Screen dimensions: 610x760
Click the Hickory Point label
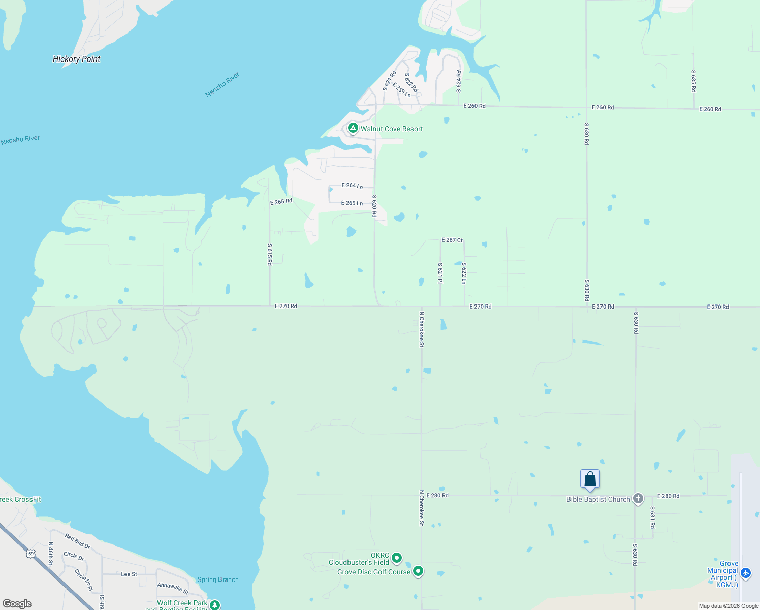pyautogui.click(x=77, y=59)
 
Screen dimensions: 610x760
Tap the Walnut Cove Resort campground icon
pyautogui.click(x=353, y=128)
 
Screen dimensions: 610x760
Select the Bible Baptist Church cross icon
pyautogui.click(x=638, y=499)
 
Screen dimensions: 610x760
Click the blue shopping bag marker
pyautogui.click(x=590, y=479)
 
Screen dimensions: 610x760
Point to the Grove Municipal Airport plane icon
pyautogui.click(x=745, y=573)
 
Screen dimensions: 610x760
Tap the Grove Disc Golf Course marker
pyautogui.click(x=418, y=571)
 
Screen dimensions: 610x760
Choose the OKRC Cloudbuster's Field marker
pyautogui.click(x=397, y=558)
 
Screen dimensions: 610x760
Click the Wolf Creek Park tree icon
pyautogui.click(x=215, y=605)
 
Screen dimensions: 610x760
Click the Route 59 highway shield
pyautogui.click(x=31, y=553)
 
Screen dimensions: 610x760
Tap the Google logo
pyautogui.click(x=17, y=604)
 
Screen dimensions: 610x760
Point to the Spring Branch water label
pyautogui.click(x=218, y=579)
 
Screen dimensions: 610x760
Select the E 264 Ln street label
pyautogui.click(x=352, y=186)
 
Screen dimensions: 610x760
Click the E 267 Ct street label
pyautogui.click(x=452, y=240)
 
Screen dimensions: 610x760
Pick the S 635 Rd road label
pyautogui.click(x=693, y=81)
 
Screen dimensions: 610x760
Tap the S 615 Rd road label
pyautogui.click(x=270, y=254)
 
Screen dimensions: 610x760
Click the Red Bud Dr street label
pyautogui.click(x=77, y=541)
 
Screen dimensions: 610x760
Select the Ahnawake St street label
pyautogui.click(x=173, y=588)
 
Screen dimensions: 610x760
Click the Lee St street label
pyautogui.click(x=129, y=574)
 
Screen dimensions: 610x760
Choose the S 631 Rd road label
pyautogui.click(x=653, y=517)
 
